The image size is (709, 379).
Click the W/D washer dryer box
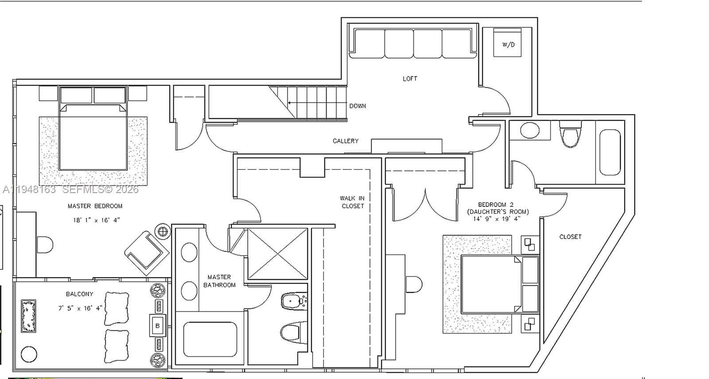pyautogui.click(x=508, y=43)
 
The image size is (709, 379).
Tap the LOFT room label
pyautogui.click(x=409, y=79)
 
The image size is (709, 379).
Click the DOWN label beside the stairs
pyautogui.click(x=357, y=106)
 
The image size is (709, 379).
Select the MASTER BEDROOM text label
pyautogui.click(x=95, y=206)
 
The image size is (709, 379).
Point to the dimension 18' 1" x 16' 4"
pyautogui.click(x=96, y=220)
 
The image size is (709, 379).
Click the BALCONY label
pyautogui.click(x=79, y=294)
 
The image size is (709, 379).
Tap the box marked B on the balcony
pyautogui.click(x=157, y=326)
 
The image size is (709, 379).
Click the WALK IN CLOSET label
pyautogui.click(x=352, y=202)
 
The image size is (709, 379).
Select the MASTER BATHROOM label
pyautogui.click(x=219, y=281)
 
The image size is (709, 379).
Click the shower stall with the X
pyautogui.click(x=277, y=254)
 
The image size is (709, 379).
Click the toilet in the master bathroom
pyautogui.click(x=291, y=331)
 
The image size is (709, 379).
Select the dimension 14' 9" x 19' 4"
pyautogui.click(x=496, y=219)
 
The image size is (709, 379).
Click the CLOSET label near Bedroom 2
pyautogui.click(x=570, y=237)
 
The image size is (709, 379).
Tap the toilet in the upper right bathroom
pyautogui.click(x=570, y=136)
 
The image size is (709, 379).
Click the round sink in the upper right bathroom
pyautogui.click(x=529, y=130)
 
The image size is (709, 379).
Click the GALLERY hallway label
pyautogui.click(x=345, y=141)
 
